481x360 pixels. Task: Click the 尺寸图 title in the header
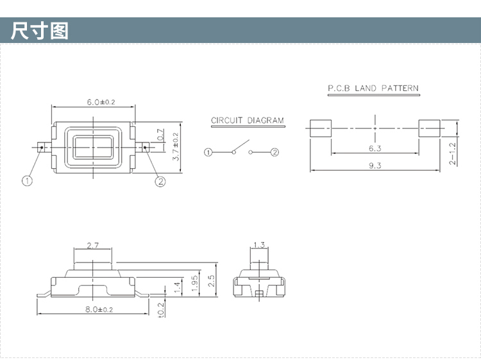[x=40, y=31]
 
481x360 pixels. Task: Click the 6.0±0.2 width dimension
[x=101, y=102]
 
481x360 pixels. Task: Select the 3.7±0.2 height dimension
[x=176, y=147]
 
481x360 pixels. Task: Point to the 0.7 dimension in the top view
[x=160, y=135]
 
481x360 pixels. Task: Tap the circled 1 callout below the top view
[x=27, y=181]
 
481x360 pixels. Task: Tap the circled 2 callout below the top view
[x=160, y=181]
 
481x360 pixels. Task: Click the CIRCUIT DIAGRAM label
[x=247, y=121]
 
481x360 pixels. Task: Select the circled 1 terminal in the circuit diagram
[x=208, y=152]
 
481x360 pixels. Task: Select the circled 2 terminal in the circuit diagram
[x=274, y=152]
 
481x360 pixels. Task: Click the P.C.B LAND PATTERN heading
[x=373, y=88]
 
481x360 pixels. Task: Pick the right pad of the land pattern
[x=430, y=128]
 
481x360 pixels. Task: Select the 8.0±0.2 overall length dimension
[x=99, y=309]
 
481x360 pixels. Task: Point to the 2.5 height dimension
[x=212, y=280]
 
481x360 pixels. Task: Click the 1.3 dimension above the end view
[x=260, y=245]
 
